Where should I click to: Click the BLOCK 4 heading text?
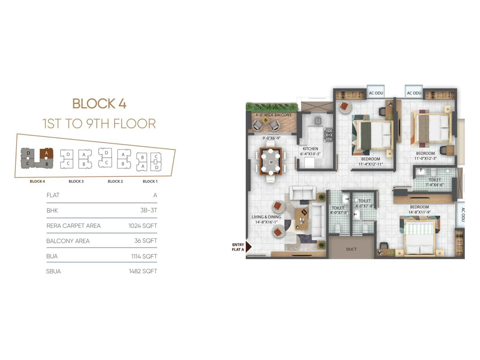point(99,104)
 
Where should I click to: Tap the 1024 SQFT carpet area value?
point(142,226)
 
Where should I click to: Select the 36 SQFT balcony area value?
point(145,241)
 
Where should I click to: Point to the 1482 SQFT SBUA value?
point(143,271)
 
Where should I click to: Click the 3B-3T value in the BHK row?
point(148,210)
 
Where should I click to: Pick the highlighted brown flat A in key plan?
point(46,153)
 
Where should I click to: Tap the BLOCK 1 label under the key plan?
point(150,181)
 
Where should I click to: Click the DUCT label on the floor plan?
point(351,249)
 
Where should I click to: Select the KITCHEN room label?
point(310,149)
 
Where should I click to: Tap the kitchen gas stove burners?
point(329,135)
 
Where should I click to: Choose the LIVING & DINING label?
point(266,217)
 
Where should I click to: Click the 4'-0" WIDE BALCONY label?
point(273,115)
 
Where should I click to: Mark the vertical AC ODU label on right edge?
point(462,214)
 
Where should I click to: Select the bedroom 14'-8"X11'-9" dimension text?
point(419,212)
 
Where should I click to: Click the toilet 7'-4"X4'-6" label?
point(434,185)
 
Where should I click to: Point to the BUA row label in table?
point(52,256)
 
